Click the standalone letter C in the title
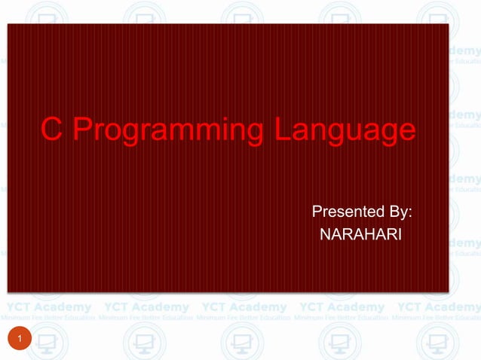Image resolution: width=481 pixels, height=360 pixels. (x=51, y=130)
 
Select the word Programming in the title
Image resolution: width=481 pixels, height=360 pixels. (x=167, y=131)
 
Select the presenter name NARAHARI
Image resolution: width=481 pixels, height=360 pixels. (x=360, y=235)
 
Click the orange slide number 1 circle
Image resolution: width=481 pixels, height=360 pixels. (x=20, y=343)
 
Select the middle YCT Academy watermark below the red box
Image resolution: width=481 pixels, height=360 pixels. (x=244, y=307)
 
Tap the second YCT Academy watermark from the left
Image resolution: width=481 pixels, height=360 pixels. (x=146, y=307)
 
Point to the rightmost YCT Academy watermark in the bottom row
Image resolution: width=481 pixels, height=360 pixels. (x=439, y=307)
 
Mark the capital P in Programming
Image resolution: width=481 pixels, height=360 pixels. (x=83, y=130)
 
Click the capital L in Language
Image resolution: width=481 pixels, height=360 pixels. (x=281, y=130)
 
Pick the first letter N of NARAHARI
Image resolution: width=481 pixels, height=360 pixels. (x=326, y=235)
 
